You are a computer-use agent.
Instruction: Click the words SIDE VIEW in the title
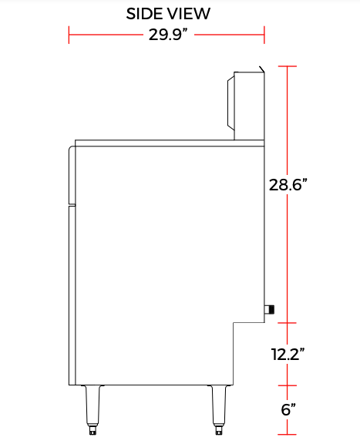coord(167,14)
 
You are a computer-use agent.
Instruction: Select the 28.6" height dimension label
coord(289,185)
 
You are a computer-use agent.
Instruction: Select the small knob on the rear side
coord(269,309)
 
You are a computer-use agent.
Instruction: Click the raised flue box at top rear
coord(247,105)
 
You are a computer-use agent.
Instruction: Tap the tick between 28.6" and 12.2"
coord(288,323)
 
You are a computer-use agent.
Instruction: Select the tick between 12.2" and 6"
coord(288,385)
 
